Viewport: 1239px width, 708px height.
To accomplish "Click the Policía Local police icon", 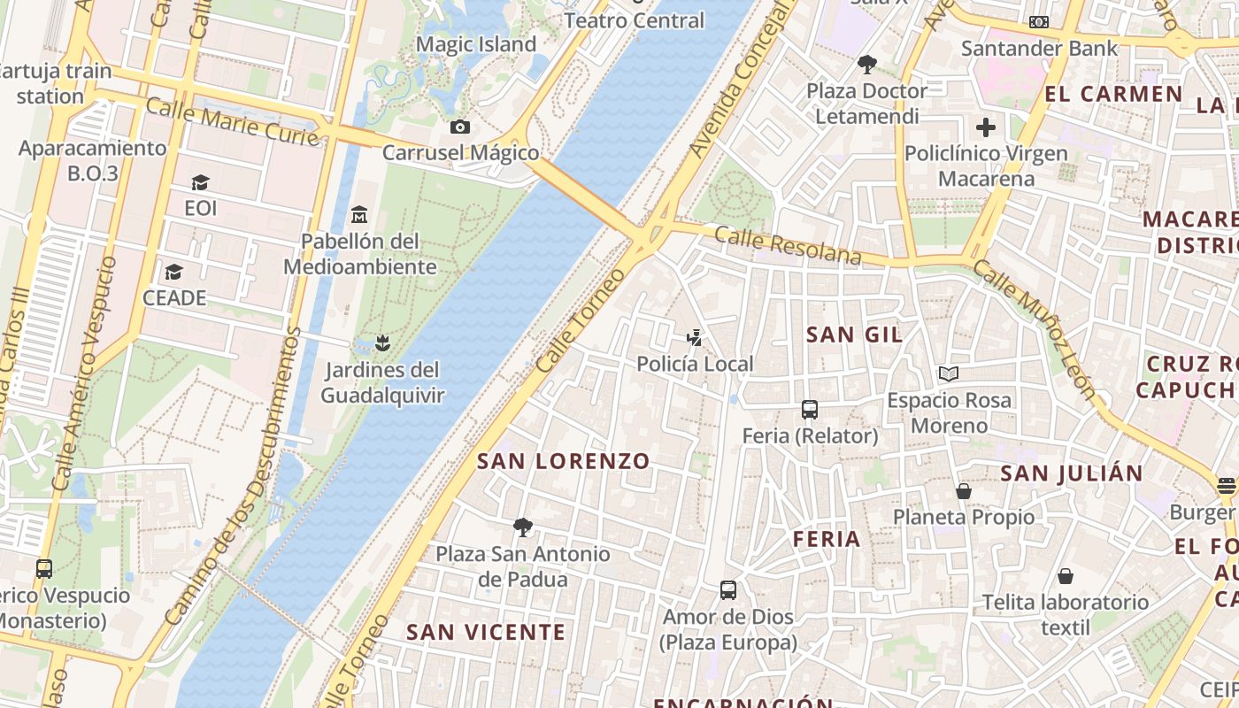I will [x=696, y=337].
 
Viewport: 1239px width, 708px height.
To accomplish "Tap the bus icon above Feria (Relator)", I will [x=810, y=410].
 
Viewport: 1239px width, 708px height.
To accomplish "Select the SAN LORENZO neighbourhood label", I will [x=564, y=461].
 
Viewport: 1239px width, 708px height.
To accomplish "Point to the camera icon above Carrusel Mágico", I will [x=460, y=127].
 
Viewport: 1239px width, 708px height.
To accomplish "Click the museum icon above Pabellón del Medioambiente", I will [x=359, y=215].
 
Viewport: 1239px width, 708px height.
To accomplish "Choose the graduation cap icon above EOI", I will [x=200, y=183].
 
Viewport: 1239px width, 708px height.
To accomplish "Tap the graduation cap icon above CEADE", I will [x=173, y=273].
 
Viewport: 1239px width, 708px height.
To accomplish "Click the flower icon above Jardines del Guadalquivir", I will [x=382, y=342].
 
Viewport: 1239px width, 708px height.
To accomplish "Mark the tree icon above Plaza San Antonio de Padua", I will [x=523, y=527].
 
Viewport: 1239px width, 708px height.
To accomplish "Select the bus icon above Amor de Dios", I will [x=728, y=590].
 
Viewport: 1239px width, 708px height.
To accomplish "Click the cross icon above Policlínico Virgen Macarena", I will [x=986, y=127].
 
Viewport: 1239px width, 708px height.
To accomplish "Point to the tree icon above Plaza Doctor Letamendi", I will [x=867, y=65].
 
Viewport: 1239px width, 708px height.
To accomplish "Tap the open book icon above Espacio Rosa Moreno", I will [x=949, y=374].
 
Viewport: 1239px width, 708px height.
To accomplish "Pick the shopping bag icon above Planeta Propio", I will [x=964, y=491].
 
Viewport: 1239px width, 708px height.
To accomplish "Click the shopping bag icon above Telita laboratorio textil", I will [x=1066, y=577].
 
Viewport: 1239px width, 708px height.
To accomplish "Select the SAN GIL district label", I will [x=855, y=335].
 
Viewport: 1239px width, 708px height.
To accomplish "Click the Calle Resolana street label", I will [x=788, y=246].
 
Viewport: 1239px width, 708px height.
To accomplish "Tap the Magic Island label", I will [x=476, y=44].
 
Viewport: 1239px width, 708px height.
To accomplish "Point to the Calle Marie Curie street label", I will [x=231, y=122].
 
